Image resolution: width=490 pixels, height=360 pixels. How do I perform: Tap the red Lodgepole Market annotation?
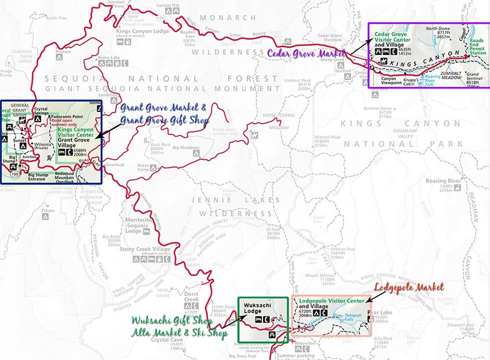pyautogui.click(x=409, y=286)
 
